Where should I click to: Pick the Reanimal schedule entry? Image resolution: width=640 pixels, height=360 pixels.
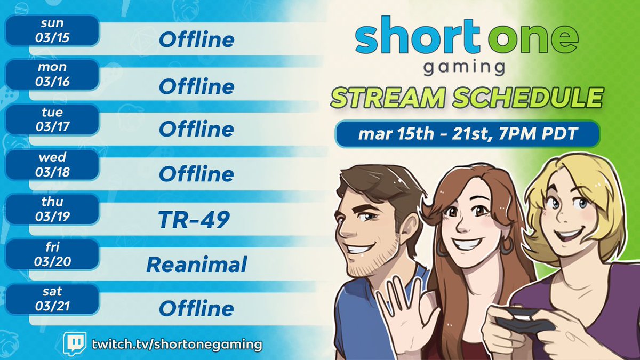pos(196,265)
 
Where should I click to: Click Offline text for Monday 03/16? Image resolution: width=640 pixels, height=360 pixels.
pos(196,86)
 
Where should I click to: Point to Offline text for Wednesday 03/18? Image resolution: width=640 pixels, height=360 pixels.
pos(196,174)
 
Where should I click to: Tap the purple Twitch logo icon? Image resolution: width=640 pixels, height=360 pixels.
pos(75,343)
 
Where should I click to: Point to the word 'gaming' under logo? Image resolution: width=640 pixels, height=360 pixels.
pos(466,68)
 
